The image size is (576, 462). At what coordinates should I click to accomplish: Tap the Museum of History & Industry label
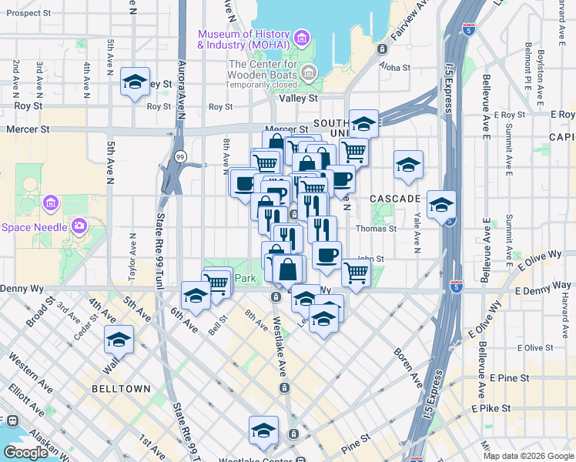(x=243, y=39)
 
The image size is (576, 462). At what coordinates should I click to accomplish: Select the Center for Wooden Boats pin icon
(x=309, y=73)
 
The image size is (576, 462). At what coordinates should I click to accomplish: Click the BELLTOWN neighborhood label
(x=121, y=389)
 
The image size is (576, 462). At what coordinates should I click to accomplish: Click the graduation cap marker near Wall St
(x=119, y=340)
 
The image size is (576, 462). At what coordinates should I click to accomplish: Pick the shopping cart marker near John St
(x=355, y=272)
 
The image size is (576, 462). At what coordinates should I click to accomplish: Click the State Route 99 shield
(x=179, y=156)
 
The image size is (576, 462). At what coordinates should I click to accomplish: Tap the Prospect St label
(x=28, y=14)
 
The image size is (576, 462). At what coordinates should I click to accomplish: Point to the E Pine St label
(x=508, y=378)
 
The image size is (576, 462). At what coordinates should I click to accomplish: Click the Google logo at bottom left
(x=25, y=452)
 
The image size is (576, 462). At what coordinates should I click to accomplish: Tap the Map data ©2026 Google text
(x=527, y=456)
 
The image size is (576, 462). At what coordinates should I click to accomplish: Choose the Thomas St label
(x=376, y=229)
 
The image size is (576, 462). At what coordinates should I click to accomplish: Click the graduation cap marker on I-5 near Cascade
(x=441, y=206)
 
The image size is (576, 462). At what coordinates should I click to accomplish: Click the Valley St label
(x=303, y=99)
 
